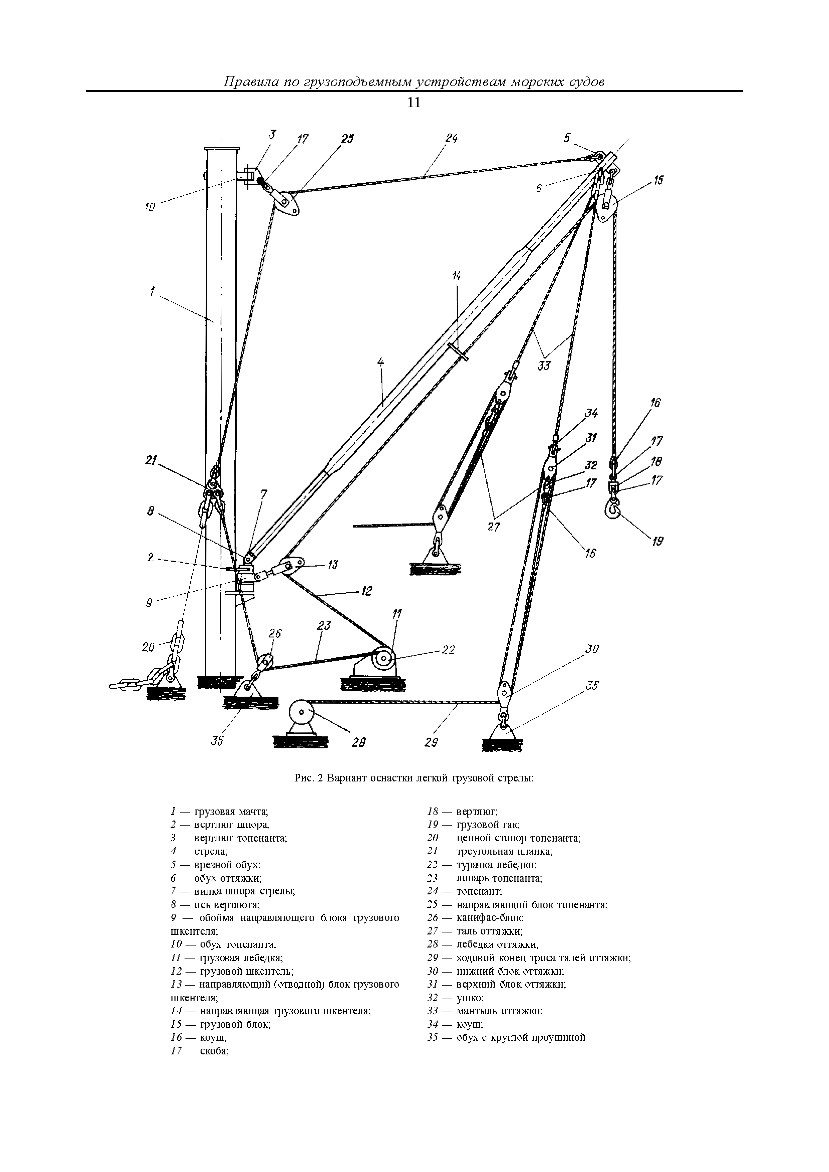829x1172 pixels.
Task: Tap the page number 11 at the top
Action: (414, 103)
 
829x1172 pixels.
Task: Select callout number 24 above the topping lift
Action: (452, 138)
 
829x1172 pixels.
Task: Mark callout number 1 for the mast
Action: (152, 292)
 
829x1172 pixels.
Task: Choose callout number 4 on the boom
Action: (380, 362)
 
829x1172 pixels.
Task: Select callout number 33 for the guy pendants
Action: (544, 365)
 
